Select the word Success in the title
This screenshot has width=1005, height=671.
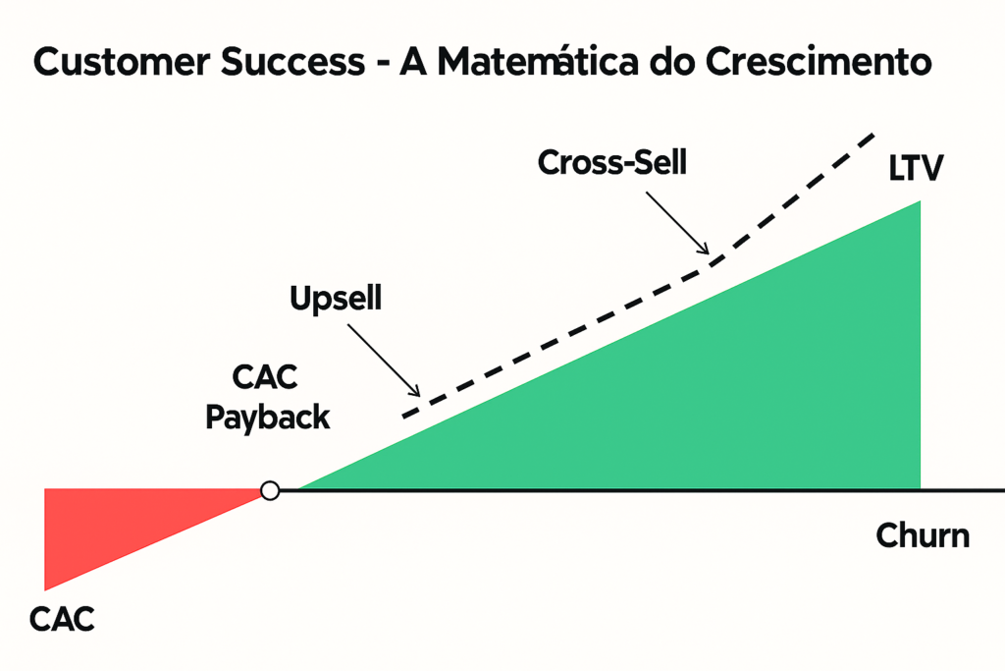click(292, 63)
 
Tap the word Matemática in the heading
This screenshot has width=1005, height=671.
click(538, 63)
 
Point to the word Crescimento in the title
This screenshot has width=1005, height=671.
click(819, 63)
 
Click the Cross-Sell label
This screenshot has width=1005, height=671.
click(612, 162)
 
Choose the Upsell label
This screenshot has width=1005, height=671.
click(336, 299)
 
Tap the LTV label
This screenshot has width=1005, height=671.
click(916, 169)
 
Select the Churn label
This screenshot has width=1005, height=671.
click(923, 535)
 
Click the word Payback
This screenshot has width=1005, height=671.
click(267, 418)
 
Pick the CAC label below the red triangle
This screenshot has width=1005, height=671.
click(62, 620)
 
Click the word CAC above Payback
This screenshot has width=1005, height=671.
click(265, 377)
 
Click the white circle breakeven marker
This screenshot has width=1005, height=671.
click(270, 491)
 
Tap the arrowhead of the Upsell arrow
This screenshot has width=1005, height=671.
click(416, 392)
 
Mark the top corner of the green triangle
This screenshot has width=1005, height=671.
click(921, 201)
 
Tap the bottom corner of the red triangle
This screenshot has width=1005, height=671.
click(45, 589)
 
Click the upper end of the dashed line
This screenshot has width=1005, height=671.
click(873, 135)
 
